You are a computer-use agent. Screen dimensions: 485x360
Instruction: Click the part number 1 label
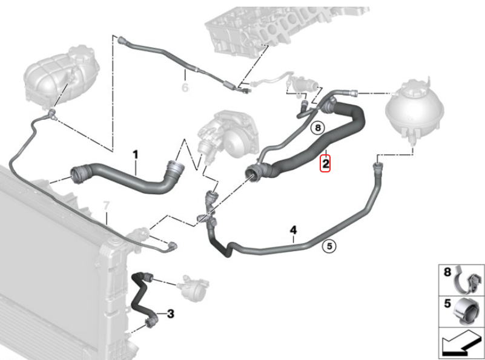[x=135, y=155]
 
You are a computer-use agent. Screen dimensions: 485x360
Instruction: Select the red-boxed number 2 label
[x=325, y=163]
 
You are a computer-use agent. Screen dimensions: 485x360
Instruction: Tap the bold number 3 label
[x=171, y=313]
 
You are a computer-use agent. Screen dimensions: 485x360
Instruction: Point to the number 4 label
[x=293, y=230]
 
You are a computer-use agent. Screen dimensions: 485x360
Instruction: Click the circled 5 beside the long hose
[x=329, y=246]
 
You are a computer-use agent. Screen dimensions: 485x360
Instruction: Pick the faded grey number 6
[x=185, y=88]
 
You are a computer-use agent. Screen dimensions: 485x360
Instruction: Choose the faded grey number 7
[x=106, y=206]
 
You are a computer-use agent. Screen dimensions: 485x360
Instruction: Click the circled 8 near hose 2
[x=318, y=127]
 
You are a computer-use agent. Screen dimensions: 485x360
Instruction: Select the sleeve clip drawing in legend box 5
[x=467, y=312]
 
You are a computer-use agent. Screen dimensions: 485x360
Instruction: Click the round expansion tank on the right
[x=415, y=109]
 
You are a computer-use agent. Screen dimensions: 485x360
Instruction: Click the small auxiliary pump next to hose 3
[x=193, y=286]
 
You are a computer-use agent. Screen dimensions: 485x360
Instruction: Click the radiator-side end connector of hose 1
[x=78, y=174]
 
